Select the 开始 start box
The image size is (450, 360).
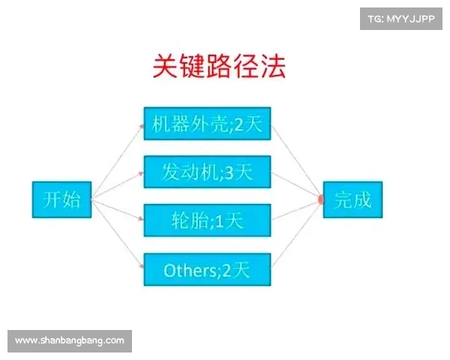[x=61, y=199]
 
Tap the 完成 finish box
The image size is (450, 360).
[x=352, y=199]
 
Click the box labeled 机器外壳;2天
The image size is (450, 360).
[x=206, y=124]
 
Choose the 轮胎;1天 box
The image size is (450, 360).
[x=206, y=221]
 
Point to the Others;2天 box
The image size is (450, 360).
[x=206, y=270]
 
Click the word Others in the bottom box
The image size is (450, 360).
[x=187, y=270]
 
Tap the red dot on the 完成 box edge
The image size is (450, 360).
[x=321, y=200]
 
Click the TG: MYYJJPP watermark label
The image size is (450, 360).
[x=401, y=18]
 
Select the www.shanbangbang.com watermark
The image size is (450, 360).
[x=69, y=340]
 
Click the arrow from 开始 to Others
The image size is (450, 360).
[x=118, y=234]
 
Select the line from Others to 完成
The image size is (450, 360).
[x=296, y=236]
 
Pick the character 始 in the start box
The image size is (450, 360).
[x=72, y=199]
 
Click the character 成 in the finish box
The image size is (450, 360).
[x=363, y=199]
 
